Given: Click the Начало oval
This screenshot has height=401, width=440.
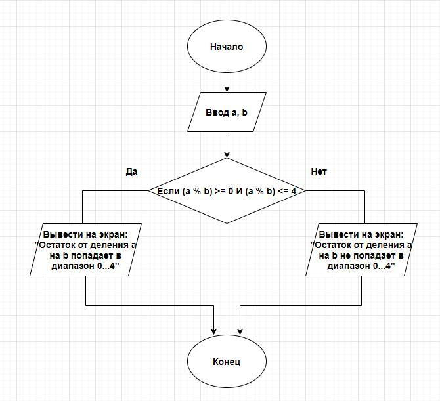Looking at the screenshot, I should coord(227,47).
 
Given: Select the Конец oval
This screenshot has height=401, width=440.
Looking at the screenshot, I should coord(227,361).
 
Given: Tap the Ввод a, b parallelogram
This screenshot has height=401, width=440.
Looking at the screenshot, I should coord(227,112).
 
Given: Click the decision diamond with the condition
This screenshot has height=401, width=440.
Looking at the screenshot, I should coord(227,191).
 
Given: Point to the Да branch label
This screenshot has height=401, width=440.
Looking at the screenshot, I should coord(131,172).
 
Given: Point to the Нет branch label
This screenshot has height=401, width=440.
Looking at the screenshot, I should coord(319,172).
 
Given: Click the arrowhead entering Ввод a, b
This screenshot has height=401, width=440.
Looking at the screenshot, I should coord(227,89).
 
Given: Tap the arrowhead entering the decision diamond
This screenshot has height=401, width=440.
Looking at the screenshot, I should coord(227,154).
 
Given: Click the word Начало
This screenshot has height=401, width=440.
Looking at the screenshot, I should coord(227,47).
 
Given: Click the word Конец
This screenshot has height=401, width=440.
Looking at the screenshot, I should coord(227,362).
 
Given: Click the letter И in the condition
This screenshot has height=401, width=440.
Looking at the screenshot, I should coord(240,191).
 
